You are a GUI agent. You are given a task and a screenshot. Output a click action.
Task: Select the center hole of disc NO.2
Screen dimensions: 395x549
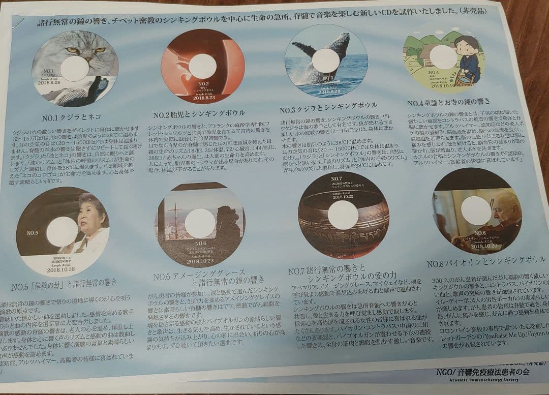point(202,66)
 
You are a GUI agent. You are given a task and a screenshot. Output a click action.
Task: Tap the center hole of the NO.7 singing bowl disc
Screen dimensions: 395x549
point(343,215)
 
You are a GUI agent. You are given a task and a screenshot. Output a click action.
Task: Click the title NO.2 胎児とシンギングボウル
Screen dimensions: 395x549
point(199,112)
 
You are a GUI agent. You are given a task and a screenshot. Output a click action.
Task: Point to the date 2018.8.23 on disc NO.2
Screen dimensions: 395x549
point(203,98)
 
